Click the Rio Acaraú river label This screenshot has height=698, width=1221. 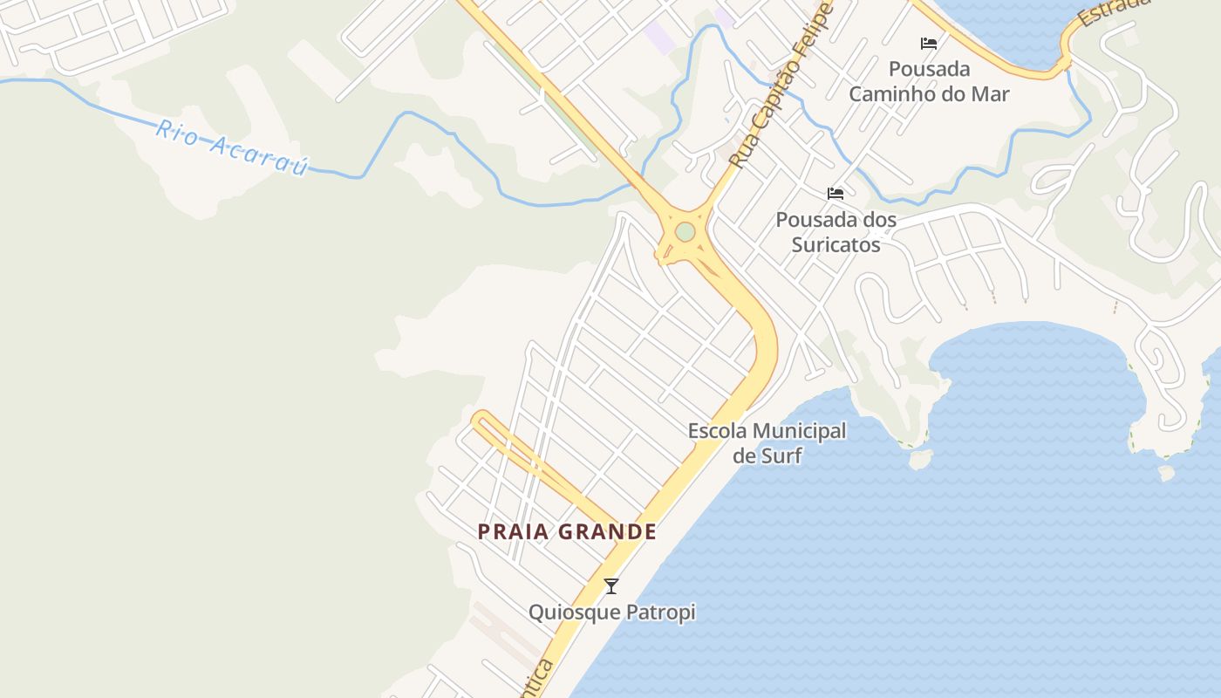(x=232, y=147)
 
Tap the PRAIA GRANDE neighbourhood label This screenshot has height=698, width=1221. (x=567, y=531)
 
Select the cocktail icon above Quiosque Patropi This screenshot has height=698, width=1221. (x=611, y=586)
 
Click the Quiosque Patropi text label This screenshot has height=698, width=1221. (x=612, y=612)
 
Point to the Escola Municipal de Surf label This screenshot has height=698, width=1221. (x=767, y=442)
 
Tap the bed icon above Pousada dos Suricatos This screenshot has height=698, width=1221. (x=836, y=194)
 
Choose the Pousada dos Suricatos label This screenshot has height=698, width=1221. (x=836, y=231)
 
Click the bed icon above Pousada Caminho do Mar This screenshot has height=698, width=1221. (x=929, y=44)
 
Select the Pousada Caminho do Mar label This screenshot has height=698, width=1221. (x=929, y=81)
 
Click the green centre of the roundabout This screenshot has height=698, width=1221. (x=686, y=232)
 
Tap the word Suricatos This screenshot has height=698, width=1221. (x=836, y=244)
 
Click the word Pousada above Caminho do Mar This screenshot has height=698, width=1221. (x=929, y=68)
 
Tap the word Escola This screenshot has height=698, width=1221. (x=717, y=430)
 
